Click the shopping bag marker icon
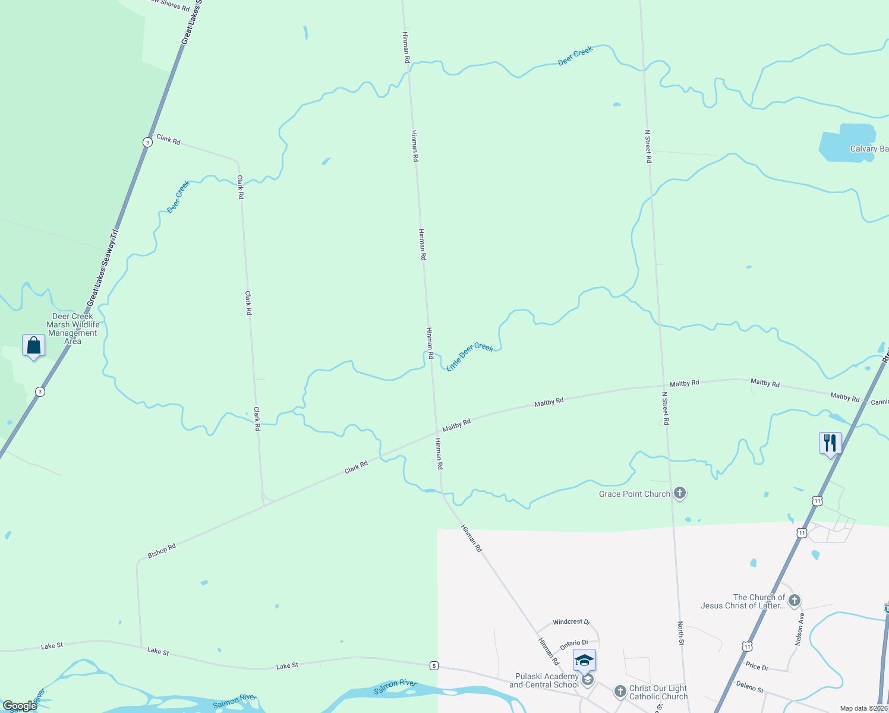34,346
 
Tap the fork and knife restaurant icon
830,443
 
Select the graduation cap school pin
584,660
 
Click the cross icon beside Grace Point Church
680,493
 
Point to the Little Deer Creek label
469,356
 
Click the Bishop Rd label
162,551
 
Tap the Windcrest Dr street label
571,622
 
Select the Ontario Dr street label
574,643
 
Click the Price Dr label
756,667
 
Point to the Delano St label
749,687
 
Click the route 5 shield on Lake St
434,665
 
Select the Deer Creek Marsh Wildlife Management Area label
73,329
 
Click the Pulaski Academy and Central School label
544,680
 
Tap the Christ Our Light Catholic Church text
658,692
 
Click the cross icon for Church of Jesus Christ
795,601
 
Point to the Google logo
20,706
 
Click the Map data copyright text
863,708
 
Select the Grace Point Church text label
634,494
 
